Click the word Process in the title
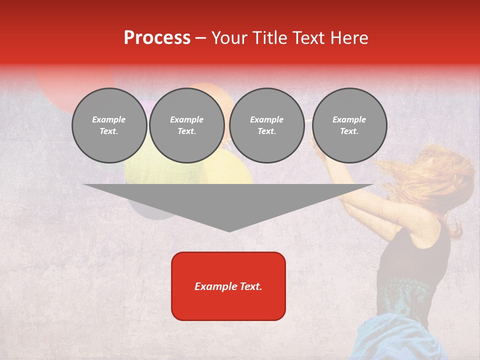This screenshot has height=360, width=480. (157, 38)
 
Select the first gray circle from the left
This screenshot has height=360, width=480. (109, 125)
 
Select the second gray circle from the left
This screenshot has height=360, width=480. (186, 125)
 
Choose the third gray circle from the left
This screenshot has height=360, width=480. (266, 125)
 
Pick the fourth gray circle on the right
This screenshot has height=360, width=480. (349, 125)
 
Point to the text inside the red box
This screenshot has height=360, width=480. (228, 286)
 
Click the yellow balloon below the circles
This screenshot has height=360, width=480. (227, 170)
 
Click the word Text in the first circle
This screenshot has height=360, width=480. (109, 131)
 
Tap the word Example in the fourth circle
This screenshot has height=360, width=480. (349, 119)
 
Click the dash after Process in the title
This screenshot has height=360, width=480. (200, 38)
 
